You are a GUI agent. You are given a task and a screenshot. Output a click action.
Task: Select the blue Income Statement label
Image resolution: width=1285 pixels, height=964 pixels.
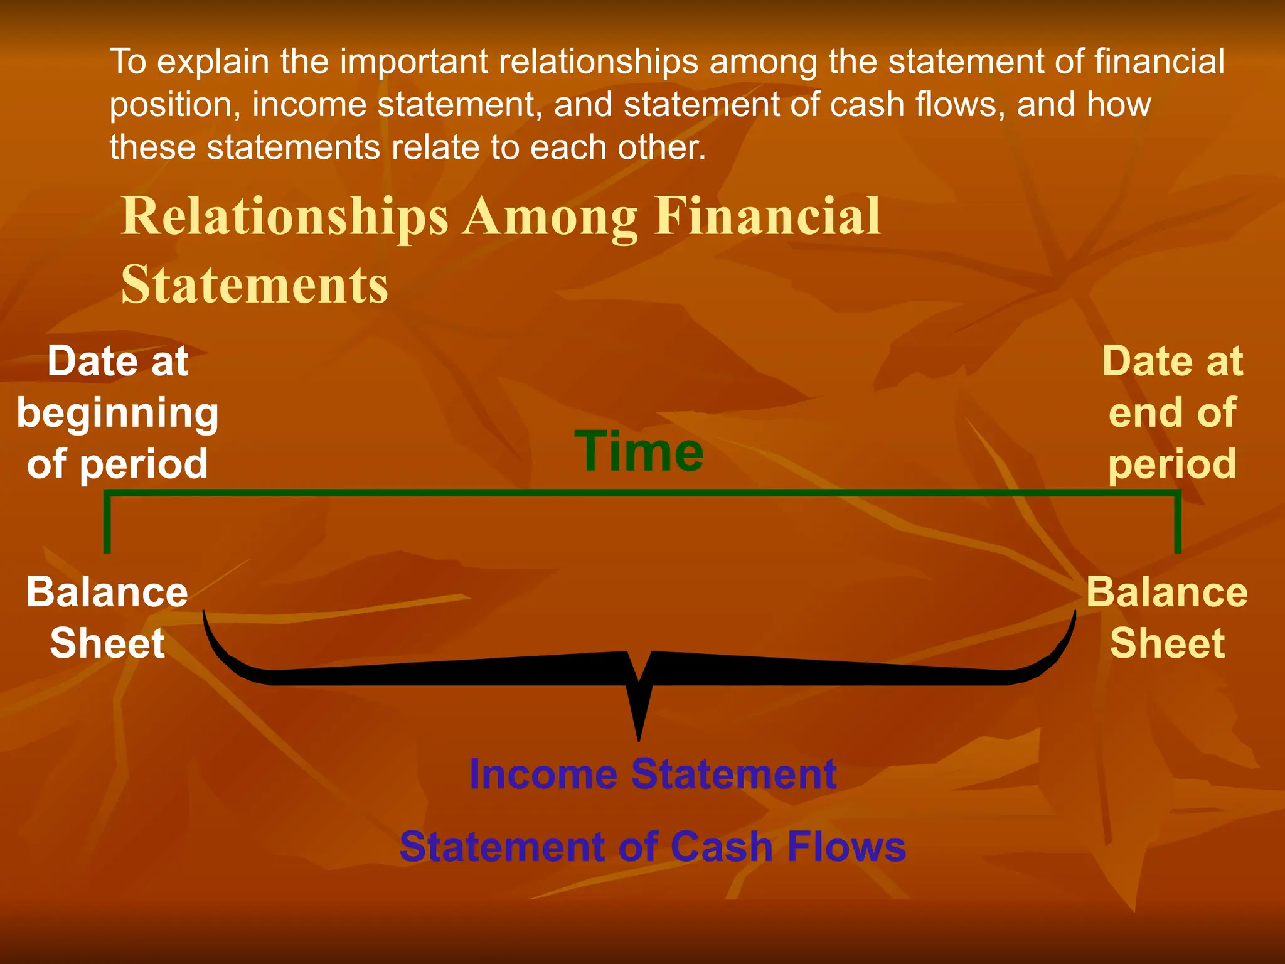coord(653,774)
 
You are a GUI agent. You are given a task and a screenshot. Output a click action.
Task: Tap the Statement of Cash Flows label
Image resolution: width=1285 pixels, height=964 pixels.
coord(653,847)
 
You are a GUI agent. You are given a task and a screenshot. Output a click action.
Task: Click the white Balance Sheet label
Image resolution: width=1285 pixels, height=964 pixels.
coord(107,618)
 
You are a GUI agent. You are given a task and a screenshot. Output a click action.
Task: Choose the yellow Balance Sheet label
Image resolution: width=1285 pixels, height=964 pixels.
coord(1167,618)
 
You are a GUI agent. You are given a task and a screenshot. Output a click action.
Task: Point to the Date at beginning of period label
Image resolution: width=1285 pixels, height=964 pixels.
coord(117,412)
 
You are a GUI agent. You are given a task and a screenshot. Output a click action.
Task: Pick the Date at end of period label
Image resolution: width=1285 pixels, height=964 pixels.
coord(1172,412)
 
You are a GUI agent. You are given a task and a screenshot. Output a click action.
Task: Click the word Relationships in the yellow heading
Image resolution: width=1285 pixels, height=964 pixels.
coord(285,217)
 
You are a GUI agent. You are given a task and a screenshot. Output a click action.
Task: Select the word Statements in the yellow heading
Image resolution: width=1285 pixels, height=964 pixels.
coord(255,285)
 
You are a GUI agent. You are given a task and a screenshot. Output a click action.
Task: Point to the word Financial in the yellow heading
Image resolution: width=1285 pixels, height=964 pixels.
coord(767,216)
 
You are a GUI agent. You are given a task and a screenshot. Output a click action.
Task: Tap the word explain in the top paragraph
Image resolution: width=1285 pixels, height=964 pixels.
coord(213,62)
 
